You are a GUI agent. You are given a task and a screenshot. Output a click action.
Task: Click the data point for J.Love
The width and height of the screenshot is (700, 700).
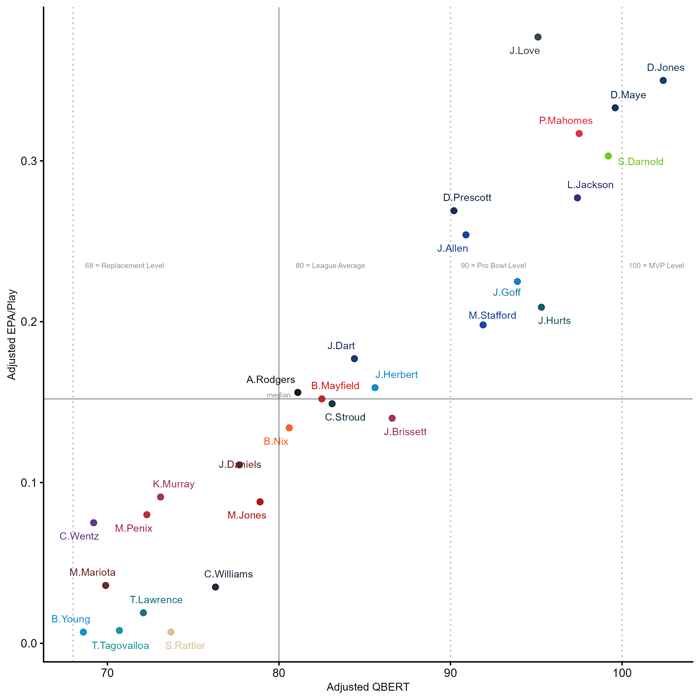click(x=538, y=37)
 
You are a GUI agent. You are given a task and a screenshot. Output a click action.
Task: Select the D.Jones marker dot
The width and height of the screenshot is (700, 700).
click(x=663, y=80)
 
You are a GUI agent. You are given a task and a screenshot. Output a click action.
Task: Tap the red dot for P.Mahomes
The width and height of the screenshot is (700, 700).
click(x=579, y=134)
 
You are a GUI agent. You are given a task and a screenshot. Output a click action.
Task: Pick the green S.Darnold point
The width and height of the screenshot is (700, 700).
click(x=608, y=156)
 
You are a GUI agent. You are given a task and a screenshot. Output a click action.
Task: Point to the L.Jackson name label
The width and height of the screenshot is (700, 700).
click(x=590, y=185)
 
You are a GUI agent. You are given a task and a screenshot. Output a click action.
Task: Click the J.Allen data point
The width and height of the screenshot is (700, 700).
click(x=466, y=235)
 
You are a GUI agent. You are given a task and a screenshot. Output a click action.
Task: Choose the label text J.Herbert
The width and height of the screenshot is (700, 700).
click(x=396, y=374)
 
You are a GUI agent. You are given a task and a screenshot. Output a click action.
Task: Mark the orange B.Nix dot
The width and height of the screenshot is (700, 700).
click(x=289, y=428)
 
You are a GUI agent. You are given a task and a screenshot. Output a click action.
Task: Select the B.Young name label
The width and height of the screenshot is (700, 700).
click(x=71, y=619)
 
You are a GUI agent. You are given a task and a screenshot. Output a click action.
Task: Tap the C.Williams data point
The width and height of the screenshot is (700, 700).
click(x=215, y=587)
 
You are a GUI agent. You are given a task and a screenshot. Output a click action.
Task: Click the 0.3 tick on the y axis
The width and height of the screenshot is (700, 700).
click(x=29, y=161)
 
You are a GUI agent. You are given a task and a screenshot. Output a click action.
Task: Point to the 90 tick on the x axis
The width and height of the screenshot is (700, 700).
click(x=450, y=673)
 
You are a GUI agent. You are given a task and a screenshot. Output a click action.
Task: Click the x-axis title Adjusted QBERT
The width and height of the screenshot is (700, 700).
click(x=368, y=687)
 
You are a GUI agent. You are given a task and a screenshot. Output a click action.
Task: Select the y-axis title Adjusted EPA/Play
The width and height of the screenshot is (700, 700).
click(x=12, y=335)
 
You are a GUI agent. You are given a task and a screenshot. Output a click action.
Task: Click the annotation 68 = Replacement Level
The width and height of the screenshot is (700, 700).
click(x=124, y=266)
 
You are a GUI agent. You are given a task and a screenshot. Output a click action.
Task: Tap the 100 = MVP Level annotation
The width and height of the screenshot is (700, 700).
click(x=656, y=266)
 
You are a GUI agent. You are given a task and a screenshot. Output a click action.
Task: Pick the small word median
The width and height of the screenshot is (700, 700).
click(x=279, y=395)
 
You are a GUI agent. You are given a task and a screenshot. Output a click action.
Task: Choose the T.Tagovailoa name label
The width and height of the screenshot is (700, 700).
click(x=120, y=646)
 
